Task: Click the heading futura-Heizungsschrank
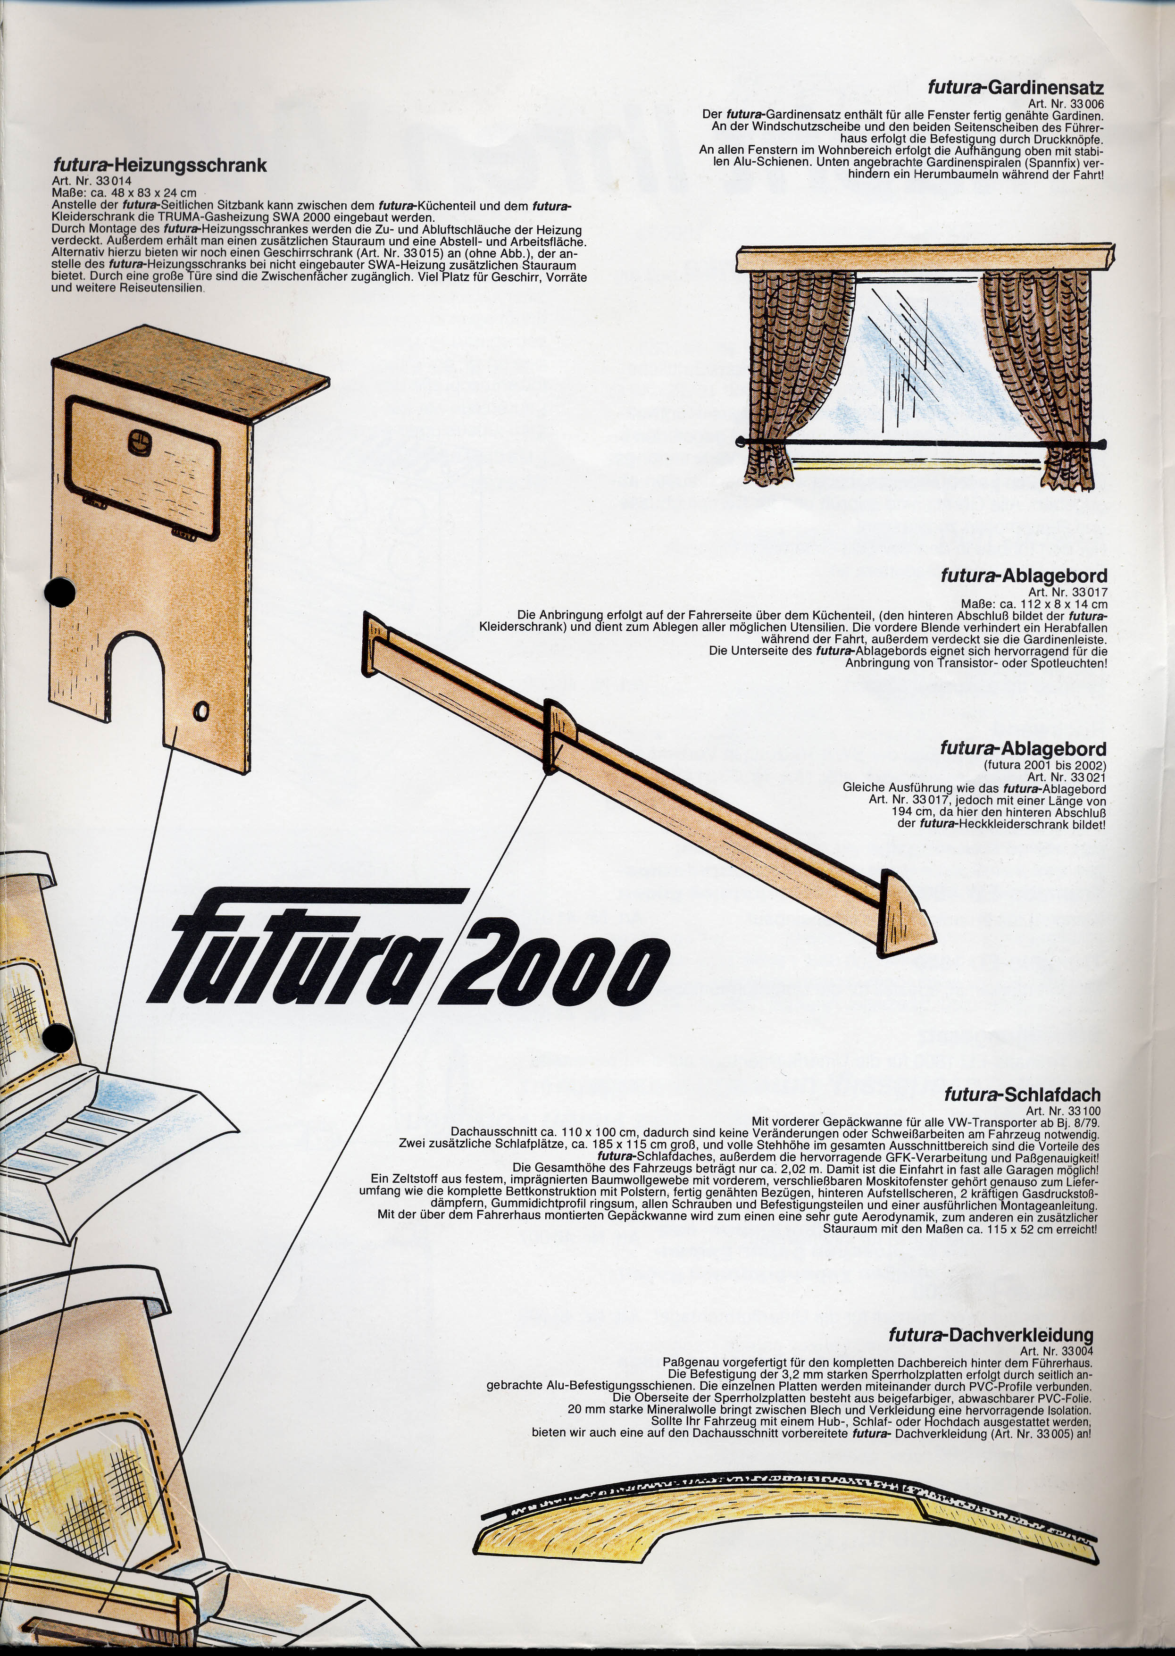159,166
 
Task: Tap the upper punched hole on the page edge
59,592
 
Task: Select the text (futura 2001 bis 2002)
1044,765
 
